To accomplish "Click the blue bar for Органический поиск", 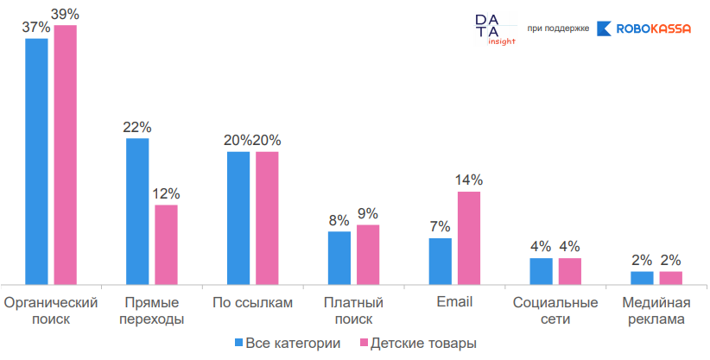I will point(36,161).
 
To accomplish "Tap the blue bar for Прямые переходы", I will point(137,211).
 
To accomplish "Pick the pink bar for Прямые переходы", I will point(166,244).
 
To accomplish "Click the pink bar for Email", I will point(469,237).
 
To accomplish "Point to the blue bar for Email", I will point(441,261).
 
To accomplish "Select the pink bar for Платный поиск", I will point(368,254).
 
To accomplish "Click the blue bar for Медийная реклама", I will point(642,277).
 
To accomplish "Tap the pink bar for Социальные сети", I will point(570,270).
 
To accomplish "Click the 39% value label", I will point(65,15).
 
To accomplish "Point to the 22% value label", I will point(137,127).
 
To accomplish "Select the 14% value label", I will point(469,180).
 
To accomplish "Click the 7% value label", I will point(441,227).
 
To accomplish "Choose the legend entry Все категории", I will point(287,344).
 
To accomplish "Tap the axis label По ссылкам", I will point(252,303).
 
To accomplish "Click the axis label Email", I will point(454,303).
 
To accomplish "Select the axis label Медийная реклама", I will point(656,311).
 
